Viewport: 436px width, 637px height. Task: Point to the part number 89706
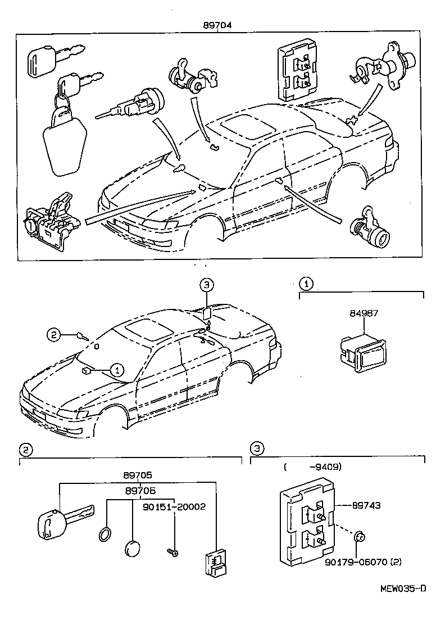(139, 491)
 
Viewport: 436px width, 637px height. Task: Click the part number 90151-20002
(174, 506)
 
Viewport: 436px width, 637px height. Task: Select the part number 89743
(366, 505)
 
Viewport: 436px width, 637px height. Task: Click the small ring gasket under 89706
(105, 535)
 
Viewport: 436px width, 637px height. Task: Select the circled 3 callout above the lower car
(206, 286)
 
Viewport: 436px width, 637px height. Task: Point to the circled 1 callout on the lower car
(116, 370)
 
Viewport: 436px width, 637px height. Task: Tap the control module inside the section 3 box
(307, 522)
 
